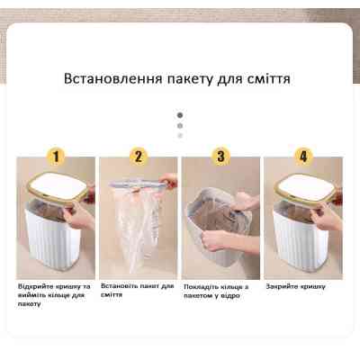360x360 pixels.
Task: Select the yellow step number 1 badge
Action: tap(56, 156)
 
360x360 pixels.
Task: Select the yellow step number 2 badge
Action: tap(139, 156)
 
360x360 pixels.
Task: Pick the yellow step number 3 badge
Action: tap(220, 156)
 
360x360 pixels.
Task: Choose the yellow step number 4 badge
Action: tap(303, 156)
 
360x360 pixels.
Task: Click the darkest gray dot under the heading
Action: tap(180, 115)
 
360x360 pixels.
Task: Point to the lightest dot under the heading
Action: tap(180, 136)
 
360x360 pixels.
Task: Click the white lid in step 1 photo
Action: tap(58, 187)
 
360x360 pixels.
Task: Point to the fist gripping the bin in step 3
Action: tap(215, 240)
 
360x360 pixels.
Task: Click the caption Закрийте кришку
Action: tap(295, 286)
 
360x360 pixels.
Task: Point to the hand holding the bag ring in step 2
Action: tap(168, 182)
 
